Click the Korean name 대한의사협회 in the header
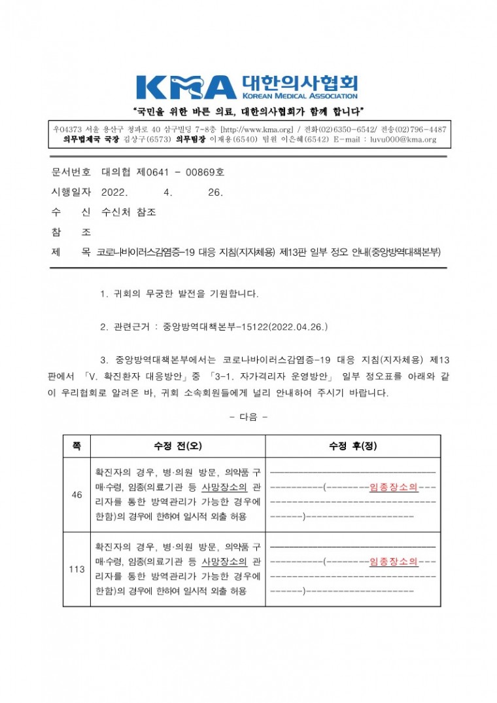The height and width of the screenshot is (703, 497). click(300, 82)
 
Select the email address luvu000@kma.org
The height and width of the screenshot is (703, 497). click(403, 139)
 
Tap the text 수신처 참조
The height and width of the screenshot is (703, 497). click(129, 212)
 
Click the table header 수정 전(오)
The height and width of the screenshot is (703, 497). click(177, 446)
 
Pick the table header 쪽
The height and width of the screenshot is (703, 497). click(77, 446)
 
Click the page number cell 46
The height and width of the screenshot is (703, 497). click(77, 495)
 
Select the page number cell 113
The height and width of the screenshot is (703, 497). click(77, 569)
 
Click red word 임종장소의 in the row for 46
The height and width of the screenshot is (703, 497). click(394, 487)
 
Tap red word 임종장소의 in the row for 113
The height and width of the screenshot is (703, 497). click(394, 561)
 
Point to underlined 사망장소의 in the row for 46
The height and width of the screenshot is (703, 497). click(224, 487)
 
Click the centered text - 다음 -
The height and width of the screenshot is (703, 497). click(248, 416)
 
